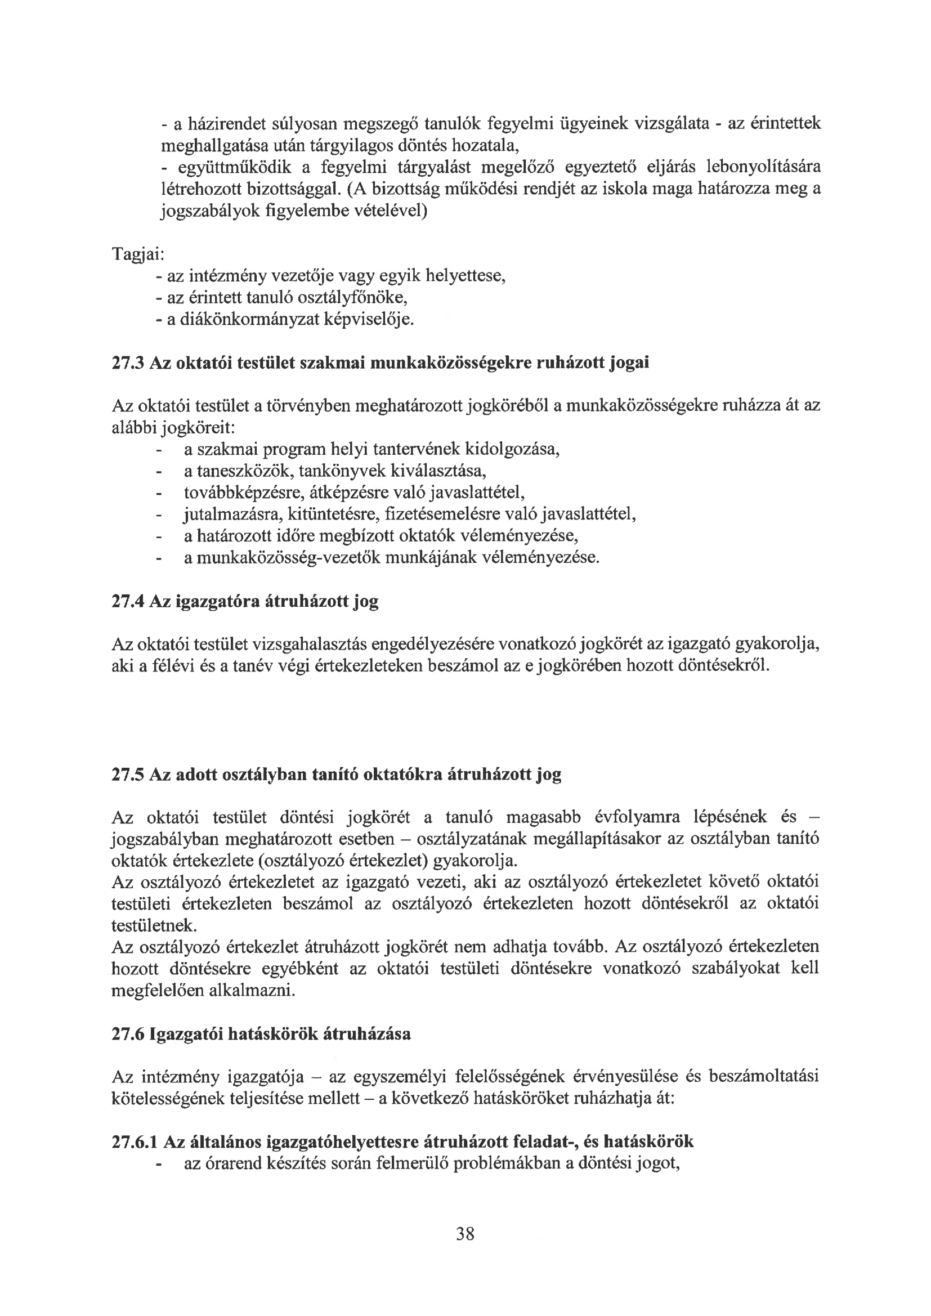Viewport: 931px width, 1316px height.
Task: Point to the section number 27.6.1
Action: tap(134, 1142)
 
